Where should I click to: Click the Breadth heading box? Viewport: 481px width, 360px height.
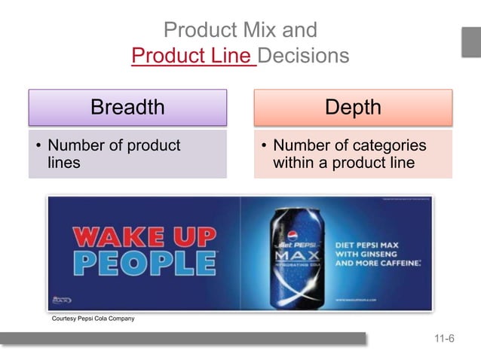[x=127, y=107]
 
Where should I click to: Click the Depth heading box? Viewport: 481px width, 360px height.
[x=353, y=107]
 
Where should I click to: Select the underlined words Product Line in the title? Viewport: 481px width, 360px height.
[x=194, y=56]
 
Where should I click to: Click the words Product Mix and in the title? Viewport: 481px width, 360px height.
[x=240, y=31]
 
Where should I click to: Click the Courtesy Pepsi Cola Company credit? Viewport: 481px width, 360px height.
[x=93, y=319]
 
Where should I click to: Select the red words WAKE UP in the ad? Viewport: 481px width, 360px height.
[x=143, y=237]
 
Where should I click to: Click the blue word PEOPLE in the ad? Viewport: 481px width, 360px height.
[x=143, y=264]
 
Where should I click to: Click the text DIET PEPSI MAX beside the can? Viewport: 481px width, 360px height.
[x=372, y=245]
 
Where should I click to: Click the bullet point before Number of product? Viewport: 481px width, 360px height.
[x=38, y=146]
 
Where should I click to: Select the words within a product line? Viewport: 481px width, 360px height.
[x=344, y=163]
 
